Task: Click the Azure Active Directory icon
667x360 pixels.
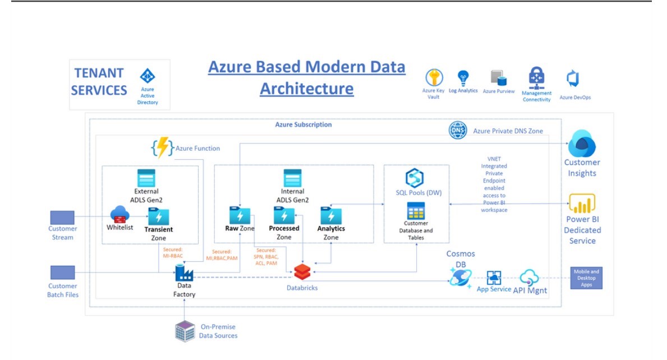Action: click(x=148, y=76)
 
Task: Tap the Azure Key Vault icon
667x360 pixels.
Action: click(x=434, y=77)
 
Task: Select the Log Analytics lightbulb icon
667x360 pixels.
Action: click(x=463, y=77)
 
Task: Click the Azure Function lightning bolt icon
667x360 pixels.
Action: click(x=162, y=147)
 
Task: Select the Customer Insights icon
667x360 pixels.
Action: click(x=582, y=144)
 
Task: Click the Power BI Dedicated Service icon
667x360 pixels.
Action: click(x=582, y=203)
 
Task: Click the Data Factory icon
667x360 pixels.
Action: click(x=184, y=273)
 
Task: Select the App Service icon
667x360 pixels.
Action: click(x=494, y=277)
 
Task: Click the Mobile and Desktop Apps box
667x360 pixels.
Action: click(x=586, y=278)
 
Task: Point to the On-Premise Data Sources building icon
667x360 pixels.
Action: click(x=184, y=331)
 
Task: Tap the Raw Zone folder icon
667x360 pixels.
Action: click(x=240, y=215)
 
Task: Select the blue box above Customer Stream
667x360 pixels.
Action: click(x=62, y=218)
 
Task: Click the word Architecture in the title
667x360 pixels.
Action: click(x=307, y=89)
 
